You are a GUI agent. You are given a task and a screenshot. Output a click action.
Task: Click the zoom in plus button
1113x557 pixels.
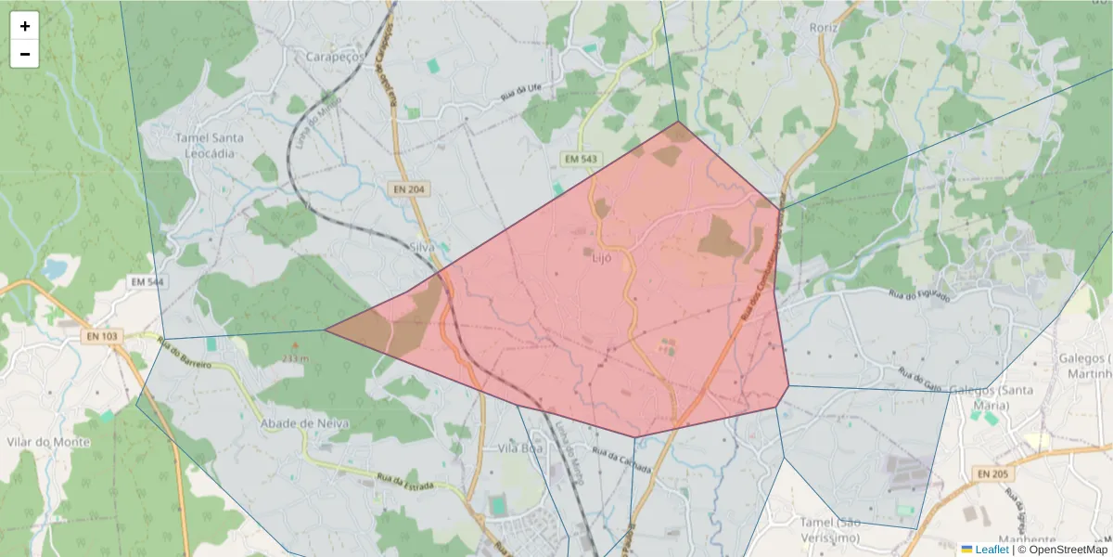[x=24, y=26]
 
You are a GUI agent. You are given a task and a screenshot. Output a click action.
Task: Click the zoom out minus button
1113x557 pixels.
[x=24, y=54]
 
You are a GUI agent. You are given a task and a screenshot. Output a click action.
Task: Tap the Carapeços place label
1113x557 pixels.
[x=336, y=57]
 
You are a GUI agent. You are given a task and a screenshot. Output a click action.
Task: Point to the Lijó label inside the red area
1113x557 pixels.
[x=601, y=258]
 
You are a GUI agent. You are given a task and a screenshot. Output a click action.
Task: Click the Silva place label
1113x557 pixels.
[x=422, y=247]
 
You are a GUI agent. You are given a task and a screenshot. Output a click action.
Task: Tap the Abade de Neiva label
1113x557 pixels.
[x=304, y=423]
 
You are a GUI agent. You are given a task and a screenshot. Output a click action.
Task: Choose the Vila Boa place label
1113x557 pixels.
[x=519, y=447]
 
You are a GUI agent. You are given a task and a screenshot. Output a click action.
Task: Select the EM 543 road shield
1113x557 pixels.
[x=581, y=160]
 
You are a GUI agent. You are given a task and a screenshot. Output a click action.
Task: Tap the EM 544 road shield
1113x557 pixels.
[x=147, y=281]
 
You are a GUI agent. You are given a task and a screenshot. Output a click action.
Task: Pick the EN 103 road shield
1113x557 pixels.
[x=99, y=337]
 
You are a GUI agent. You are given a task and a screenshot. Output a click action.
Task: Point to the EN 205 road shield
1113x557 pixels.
[x=992, y=474]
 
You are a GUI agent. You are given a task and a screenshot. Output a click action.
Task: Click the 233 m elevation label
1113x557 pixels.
[x=295, y=358]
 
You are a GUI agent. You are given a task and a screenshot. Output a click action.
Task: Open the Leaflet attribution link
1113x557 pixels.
[x=991, y=550]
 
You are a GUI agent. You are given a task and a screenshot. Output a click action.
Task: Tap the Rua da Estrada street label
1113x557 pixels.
[x=405, y=484]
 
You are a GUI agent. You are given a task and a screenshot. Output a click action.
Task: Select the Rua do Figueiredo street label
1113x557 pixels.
[x=919, y=295]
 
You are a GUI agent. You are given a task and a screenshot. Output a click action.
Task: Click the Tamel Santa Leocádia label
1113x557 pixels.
[x=210, y=145]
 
